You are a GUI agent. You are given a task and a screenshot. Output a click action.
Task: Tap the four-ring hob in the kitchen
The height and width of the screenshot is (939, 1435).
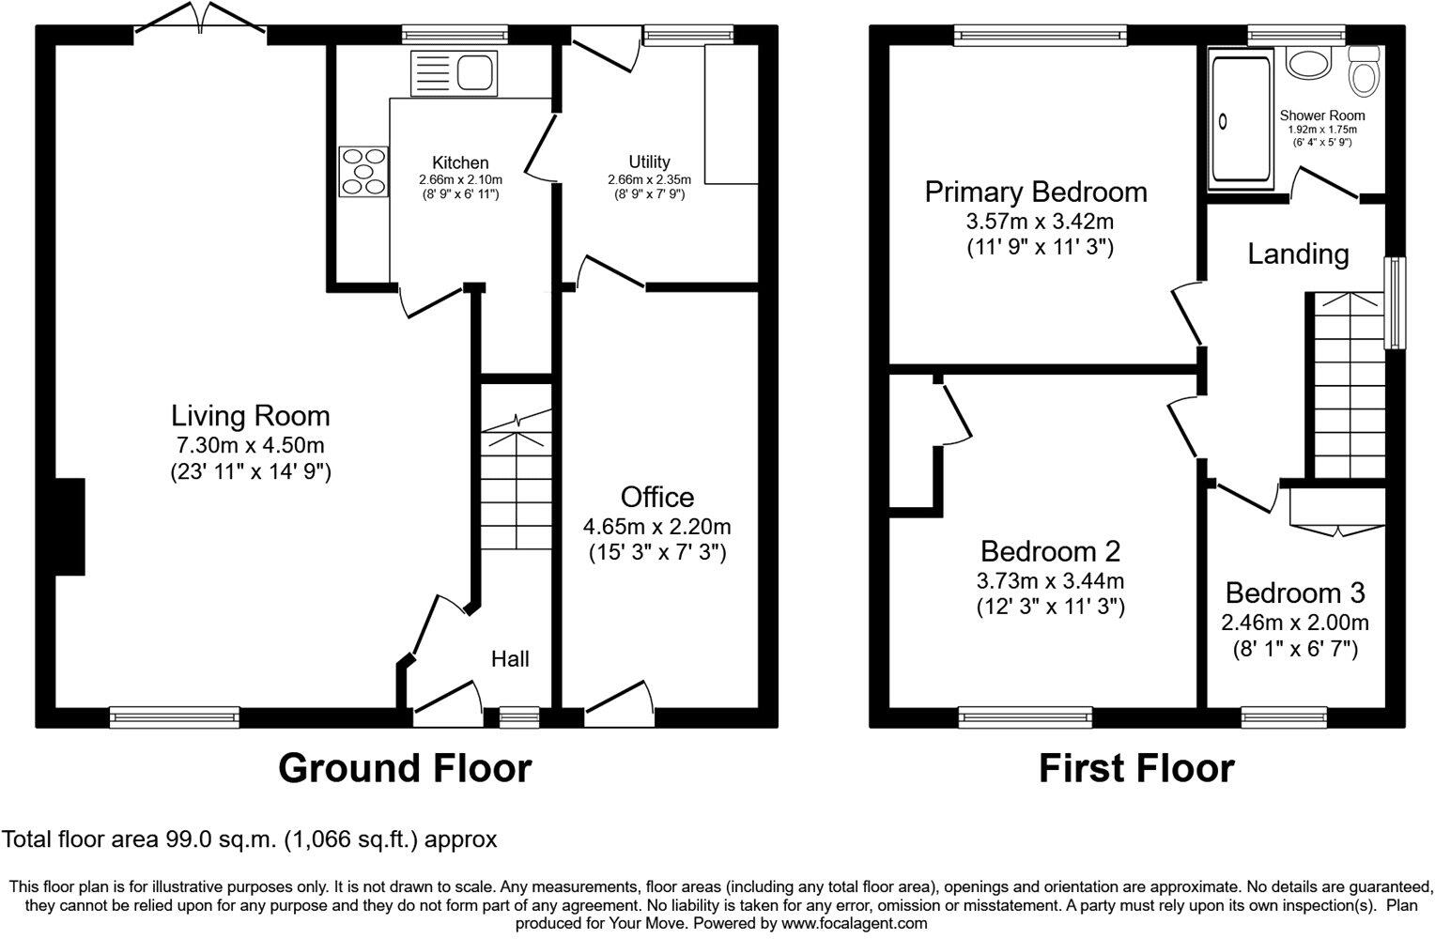tap(363, 172)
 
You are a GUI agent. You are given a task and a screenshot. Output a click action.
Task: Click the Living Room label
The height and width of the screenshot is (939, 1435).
tap(250, 415)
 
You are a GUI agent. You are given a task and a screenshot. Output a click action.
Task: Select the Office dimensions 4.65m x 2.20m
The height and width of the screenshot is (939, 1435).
tap(658, 526)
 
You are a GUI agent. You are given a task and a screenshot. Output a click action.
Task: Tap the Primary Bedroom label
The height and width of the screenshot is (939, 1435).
tap(1036, 192)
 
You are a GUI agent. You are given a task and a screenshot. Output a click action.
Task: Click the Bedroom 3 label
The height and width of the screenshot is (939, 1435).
tap(1294, 593)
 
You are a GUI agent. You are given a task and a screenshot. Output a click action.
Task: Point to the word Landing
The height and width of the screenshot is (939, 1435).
tap(1298, 254)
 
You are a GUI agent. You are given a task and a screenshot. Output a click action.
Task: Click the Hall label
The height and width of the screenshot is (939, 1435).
tap(510, 659)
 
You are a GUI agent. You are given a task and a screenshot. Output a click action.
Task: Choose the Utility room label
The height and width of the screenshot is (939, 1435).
tap(649, 162)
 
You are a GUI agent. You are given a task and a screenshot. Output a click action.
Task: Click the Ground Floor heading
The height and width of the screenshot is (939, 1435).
tap(404, 768)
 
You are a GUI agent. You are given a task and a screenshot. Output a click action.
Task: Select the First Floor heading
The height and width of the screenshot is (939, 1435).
tap(1135, 768)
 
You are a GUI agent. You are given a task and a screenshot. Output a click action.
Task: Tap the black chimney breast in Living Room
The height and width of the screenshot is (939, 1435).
tap(70, 527)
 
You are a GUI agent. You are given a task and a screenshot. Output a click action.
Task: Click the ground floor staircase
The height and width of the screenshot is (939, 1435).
tap(516, 488)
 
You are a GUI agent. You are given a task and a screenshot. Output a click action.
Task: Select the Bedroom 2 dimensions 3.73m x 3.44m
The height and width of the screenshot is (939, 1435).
tap(1050, 581)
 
